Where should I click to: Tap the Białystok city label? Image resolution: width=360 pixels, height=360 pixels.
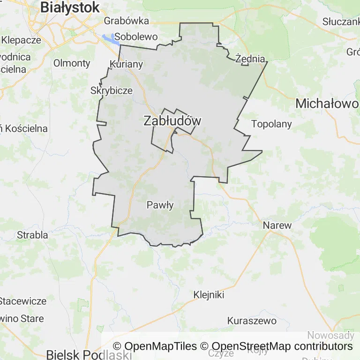pyautogui.click(x=70, y=7)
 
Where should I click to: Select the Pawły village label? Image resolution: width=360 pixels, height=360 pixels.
pyautogui.click(x=160, y=205)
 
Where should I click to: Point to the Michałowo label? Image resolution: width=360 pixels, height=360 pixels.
pyautogui.click(x=326, y=104)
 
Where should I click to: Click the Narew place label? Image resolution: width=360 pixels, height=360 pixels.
pyautogui.click(x=277, y=225)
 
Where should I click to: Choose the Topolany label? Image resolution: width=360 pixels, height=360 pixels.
pyautogui.click(x=271, y=124)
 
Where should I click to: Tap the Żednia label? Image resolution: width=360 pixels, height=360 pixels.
pyautogui.click(x=251, y=59)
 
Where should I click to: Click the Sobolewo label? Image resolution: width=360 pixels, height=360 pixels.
pyautogui.click(x=136, y=36)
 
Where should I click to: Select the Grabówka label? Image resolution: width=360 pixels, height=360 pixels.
pyautogui.click(x=127, y=21)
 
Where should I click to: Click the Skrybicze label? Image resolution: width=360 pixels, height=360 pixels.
pyautogui.click(x=111, y=90)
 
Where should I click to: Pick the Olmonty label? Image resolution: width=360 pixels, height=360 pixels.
pyautogui.click(x=72, y=63)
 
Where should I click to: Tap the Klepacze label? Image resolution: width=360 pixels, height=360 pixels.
pyautogui.click(x=21, y=40)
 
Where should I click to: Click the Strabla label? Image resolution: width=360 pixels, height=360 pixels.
pyautogui.click(x=32, y=235)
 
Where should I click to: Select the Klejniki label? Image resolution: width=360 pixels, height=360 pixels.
pyautogui.click(x=209, y=295)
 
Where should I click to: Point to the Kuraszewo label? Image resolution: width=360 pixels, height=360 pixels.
pyautogui.click(x=252, y=321)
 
